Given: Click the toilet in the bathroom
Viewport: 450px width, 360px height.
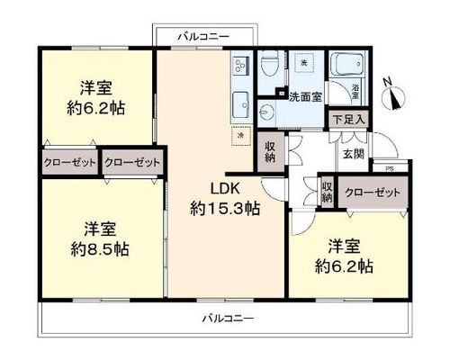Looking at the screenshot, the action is coord(268,65).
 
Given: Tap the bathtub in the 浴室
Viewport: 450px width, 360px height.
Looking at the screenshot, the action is coord(347,64).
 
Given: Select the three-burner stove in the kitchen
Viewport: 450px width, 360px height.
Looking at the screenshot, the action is coord(239,66).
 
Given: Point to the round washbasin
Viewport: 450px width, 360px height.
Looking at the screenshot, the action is coord(265,112).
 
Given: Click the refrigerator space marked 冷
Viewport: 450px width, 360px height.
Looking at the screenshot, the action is coord(241,136).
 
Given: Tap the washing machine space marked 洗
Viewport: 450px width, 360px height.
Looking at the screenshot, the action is coord(304,63).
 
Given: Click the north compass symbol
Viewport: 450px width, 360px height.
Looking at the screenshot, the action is coord(393,94).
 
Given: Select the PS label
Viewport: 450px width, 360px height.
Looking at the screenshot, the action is coord(390,168).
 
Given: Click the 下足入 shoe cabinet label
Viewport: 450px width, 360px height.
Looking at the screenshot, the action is coord(348,120).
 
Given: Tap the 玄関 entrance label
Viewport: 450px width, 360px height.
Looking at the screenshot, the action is coord(354,154).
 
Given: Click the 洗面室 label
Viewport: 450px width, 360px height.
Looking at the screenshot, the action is coord(305,97).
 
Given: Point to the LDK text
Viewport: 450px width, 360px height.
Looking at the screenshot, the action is coord(225,189).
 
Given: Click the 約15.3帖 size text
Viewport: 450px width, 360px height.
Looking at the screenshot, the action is coord(225,209).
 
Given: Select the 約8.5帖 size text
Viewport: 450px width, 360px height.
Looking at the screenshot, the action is coord(100,249).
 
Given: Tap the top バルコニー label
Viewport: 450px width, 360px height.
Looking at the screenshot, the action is coord(204,37).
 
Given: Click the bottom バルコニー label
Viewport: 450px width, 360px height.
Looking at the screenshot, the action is coord(229,318).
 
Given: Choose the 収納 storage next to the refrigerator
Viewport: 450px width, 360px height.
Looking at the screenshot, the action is coord(271,152).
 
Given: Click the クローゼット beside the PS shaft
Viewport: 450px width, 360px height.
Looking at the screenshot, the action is coord(373,193).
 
